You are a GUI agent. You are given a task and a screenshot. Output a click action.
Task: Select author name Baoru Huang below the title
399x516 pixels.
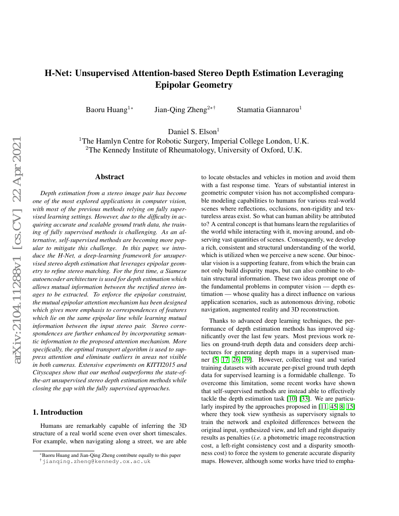[x=107, y=110]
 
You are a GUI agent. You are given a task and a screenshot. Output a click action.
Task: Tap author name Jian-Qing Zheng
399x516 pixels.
[x=183, y=110]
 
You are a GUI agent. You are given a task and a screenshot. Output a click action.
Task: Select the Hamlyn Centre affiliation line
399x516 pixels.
[x=194, y=141]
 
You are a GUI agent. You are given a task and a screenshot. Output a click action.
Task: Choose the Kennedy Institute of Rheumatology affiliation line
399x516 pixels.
[x=194, y=150]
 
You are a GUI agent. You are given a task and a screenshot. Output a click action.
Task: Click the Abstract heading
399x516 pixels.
[x=109, y=177]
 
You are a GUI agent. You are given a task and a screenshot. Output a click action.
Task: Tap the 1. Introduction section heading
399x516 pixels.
[x=57, y=412]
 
